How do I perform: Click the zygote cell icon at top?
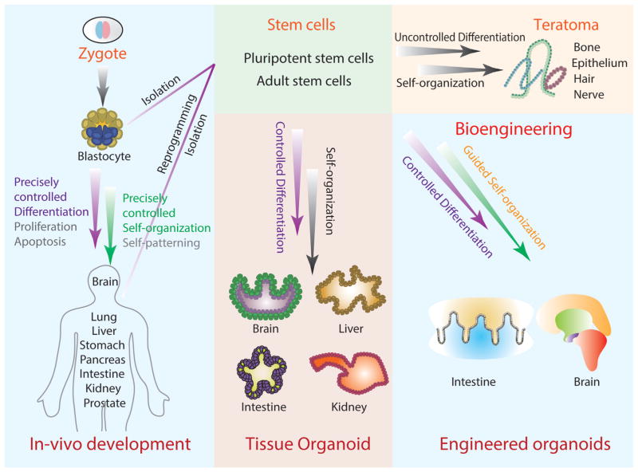[x=108, y=29]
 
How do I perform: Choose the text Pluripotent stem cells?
[x=303, y=61]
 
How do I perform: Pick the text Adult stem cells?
[x=303, y=81]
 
